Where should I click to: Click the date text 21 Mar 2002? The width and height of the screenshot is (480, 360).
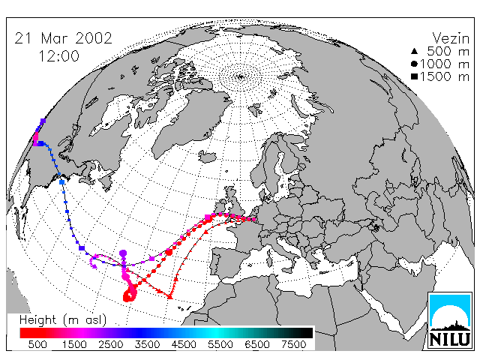click(x=63, y=38)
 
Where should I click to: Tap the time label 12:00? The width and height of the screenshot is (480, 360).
click(x=58, y=56)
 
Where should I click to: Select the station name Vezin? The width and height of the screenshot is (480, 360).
click(x=451, y=38)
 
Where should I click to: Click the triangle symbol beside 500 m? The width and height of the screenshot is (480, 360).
click(x=414, y=52)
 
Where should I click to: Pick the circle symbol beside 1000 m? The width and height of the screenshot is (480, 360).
click(x=414, y=64)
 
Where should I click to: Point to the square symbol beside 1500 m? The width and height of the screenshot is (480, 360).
click(x=414, y=76)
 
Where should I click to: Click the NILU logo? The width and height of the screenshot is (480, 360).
click(x=450, y=320)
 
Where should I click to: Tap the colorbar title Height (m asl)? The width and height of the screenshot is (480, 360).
click(x=63, y=320)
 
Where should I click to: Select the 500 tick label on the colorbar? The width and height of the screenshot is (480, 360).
click(x=37, y=344)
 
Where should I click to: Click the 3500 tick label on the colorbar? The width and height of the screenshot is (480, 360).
click(x=147, y=344)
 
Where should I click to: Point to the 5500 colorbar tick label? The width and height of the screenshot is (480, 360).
click(x=220, y=344)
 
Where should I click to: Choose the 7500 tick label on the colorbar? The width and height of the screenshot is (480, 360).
click(x=293, y=344)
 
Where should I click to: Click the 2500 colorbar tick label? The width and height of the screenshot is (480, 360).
click(x=111, y=344)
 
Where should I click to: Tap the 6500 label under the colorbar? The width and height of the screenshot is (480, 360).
click(x=257, y=344)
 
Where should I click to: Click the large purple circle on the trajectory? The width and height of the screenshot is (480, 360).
click(x=123, y=253)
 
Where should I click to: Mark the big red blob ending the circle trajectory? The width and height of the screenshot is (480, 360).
click(x=128, y=296)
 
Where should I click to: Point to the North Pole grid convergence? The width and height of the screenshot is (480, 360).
click(x=241, y=76)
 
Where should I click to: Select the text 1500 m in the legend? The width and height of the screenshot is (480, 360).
click(x=445, y=76)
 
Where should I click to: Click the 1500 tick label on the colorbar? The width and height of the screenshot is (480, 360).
click(x=74, y=344)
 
